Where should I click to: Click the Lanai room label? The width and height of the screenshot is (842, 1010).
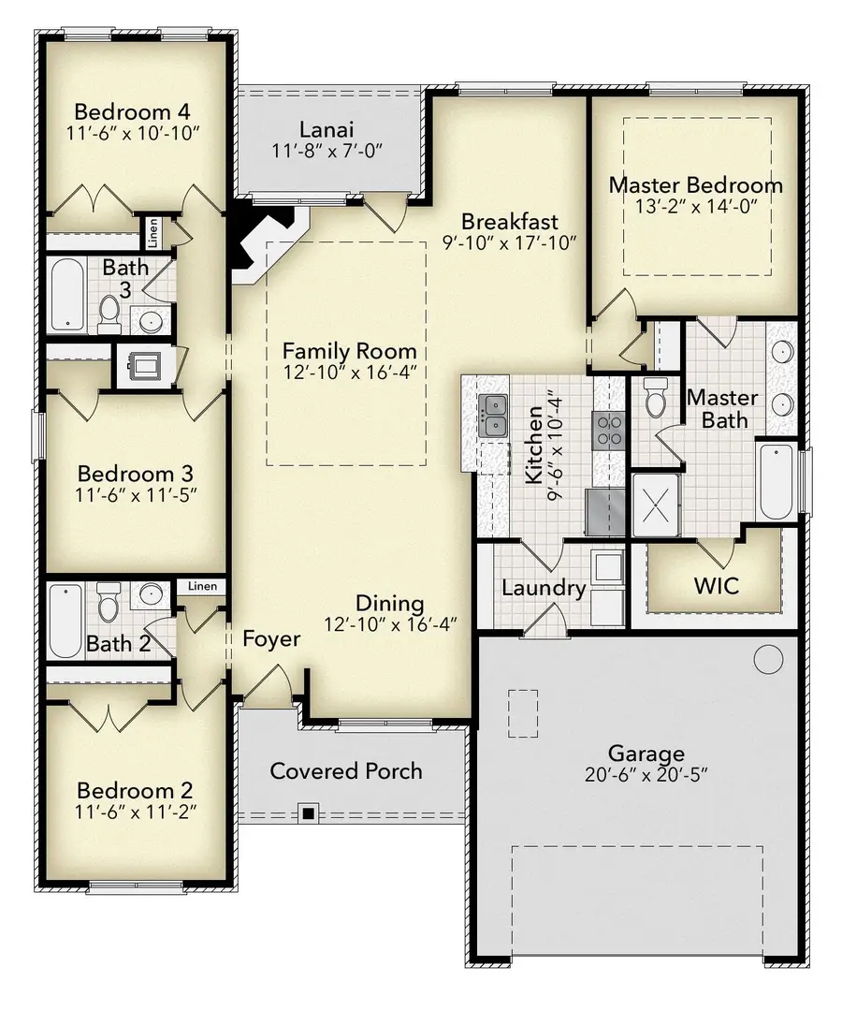coord(325,128)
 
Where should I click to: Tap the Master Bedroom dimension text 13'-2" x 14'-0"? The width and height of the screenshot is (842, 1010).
coord(695,208)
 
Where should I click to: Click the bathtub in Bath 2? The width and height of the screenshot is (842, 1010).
coord(65,620)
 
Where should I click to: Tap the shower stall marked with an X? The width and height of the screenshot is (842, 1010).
coord(659,505)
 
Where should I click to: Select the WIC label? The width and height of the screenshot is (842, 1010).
coord(716,587)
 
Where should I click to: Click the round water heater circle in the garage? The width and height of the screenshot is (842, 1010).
coord(768,659)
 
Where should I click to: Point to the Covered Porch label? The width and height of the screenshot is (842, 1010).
coord(346,771)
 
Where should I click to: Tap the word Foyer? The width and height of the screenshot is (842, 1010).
coord(271,639)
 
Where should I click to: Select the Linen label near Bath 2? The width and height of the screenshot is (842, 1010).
coord(202,587)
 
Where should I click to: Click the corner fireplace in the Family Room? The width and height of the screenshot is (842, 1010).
coord(263,245)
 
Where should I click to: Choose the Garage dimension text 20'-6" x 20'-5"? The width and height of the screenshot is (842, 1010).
coord(646,776)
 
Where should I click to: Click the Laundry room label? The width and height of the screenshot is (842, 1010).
coord(543,589)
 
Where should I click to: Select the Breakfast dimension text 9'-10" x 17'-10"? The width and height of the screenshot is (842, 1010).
coord(510,242)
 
